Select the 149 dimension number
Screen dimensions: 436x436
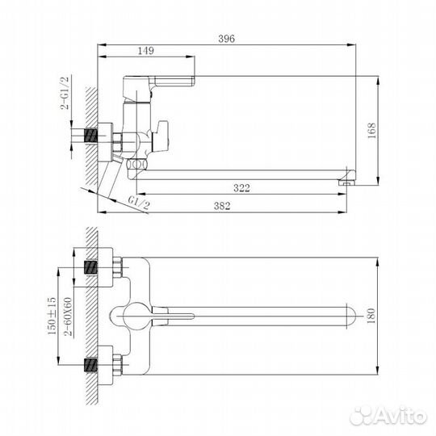[x=146, y=50]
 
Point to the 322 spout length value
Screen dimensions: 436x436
[x=239, y=188]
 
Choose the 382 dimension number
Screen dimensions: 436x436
[x=223, y=207]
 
